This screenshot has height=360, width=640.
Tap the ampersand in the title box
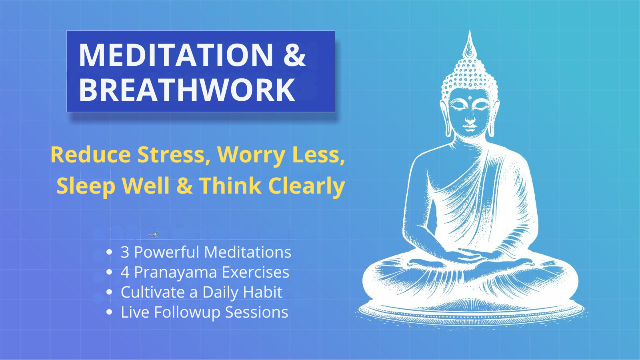pyautogui.click(x=294, y=55)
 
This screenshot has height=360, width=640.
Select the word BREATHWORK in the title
pyautogui.click(x=187, y=90)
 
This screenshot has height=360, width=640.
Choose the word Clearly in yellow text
pyautogui.click(x=306, y=186)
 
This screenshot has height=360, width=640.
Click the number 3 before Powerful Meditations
pyautogui.click(x=125, y=252)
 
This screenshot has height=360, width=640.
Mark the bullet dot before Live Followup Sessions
pyautogui.click(x=109, y=312)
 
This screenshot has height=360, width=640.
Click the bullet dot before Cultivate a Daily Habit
pyautogui.click(x=109, y=292)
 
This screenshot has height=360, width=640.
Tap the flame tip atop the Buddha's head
pyautogui.click(x=470, y=36)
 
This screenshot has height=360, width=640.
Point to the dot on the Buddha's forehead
pyautogui.click(x=470, y=98)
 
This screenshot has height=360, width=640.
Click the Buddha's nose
pyautogui.click(x=470, y=118)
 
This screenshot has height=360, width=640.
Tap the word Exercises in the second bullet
pyautogui.click(x=255, y=272)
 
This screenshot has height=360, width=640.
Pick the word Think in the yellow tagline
pyautogui.click(x=230, y=186)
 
